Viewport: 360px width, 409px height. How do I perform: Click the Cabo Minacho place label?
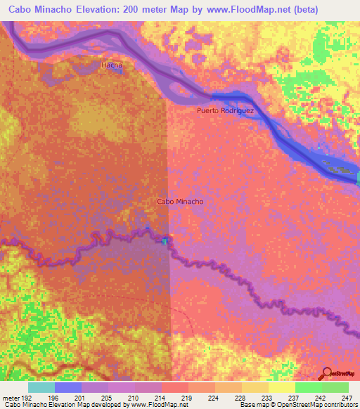point(180,202)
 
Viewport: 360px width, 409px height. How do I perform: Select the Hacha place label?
point(112,65)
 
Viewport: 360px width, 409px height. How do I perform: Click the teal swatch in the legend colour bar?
point(41,387)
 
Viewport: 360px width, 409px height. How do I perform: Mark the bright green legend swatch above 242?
point(308,387)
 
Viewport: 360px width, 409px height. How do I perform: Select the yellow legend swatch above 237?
point(281,387)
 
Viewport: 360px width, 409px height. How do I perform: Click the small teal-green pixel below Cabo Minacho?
point(165,241)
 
